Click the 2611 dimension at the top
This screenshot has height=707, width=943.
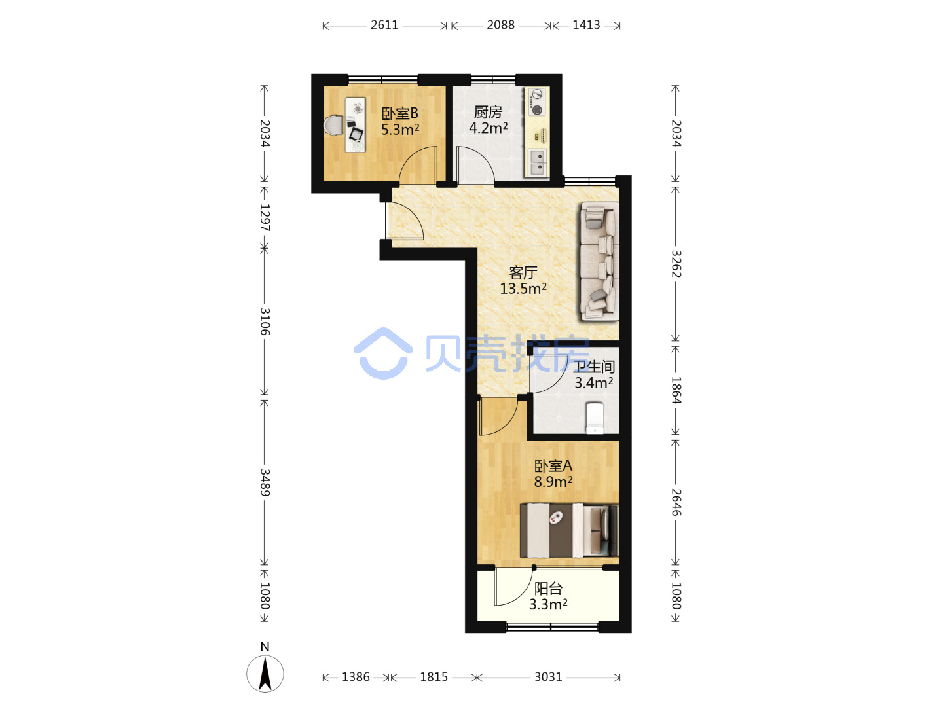384,25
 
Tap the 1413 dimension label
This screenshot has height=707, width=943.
586,25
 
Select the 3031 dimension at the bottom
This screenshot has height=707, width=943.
547,677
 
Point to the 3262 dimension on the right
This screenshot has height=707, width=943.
676,264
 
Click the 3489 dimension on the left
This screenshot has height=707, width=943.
265,482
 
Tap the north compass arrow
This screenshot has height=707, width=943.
265,674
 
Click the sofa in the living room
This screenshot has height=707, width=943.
600,261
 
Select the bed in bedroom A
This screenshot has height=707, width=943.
569,530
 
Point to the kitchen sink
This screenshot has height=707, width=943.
537,163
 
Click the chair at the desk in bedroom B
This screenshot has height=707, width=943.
334,125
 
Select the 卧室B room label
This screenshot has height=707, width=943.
399,113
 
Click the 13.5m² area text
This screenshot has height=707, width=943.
523,288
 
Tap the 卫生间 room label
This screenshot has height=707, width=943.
595,367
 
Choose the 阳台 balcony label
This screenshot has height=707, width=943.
548,588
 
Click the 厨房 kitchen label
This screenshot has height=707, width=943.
488,112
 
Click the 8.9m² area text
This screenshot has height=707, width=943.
553,482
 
